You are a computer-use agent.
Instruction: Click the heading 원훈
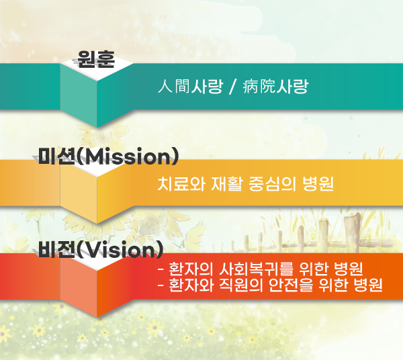[x=96, y=59]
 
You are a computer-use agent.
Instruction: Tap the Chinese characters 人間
[x=174, y=86]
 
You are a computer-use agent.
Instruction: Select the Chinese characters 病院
[x=259, y=86]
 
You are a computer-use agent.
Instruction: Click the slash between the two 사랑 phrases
[x=232, y=87]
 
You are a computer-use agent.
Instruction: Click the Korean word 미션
[x=56, y=156]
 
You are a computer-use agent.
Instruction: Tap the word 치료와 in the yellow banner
[x=181, y=184]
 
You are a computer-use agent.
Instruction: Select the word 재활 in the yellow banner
[x=227, y=184]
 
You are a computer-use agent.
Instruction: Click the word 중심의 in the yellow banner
[x=272, y=184]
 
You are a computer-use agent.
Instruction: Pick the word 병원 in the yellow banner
[x=318, y=184]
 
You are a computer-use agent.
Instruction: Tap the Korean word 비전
[x=56, y=249]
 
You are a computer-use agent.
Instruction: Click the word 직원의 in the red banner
[x=241, y=285]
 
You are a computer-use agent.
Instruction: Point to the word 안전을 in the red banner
[x=291, y=285]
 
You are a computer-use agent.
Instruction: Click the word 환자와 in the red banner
[x=191, y=285]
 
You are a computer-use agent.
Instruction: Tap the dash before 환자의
[x=161, y=269]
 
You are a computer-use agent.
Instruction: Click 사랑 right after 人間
[x=206, y=86]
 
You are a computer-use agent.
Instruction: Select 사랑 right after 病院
[x=292, y=86]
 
